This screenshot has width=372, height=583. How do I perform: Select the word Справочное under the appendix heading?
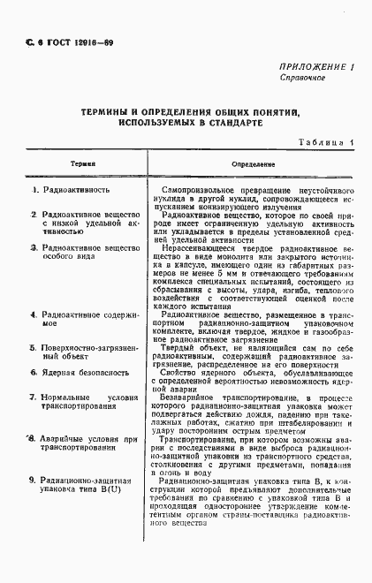pyautogui.click(x=303, y=78)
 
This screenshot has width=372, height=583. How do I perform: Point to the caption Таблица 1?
pyautogui.click(x=325, y=142)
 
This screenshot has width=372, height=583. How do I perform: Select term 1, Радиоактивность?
pyautogui.click(x=76, y=190)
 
